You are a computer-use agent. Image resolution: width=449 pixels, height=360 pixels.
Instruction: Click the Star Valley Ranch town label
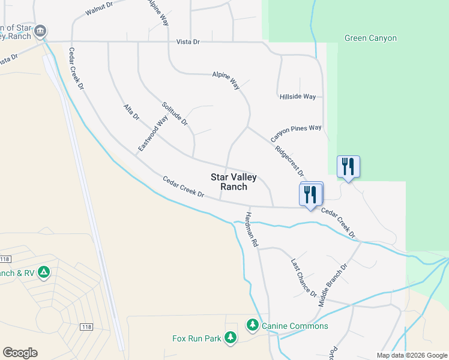pos(234,182)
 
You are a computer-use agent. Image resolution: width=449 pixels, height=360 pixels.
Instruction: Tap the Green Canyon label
pos(370,38)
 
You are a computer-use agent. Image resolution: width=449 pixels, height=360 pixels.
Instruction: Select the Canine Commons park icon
pos(253,325)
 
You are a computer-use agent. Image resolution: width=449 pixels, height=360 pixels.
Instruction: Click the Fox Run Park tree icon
pos(230,338)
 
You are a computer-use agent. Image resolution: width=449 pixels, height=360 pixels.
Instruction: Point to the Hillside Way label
pos(297,97)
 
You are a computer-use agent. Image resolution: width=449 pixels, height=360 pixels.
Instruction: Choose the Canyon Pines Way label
pos(296,134)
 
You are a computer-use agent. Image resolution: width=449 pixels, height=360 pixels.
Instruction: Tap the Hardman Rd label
pos(251,230)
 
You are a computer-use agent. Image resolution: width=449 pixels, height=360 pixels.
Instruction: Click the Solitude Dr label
pos(175,114)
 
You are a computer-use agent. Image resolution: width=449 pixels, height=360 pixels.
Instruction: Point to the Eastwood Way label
pos(152,133)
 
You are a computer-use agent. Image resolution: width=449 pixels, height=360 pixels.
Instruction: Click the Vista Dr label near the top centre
pos(188,41)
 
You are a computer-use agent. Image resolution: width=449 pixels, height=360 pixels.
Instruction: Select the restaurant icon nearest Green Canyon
pos(348,166)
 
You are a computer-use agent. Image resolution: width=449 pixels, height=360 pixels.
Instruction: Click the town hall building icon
pos(40,31)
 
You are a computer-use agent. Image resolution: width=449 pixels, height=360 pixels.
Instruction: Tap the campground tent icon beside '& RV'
pos(43,273)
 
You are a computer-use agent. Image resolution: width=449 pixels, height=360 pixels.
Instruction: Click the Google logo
pos(20,353)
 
